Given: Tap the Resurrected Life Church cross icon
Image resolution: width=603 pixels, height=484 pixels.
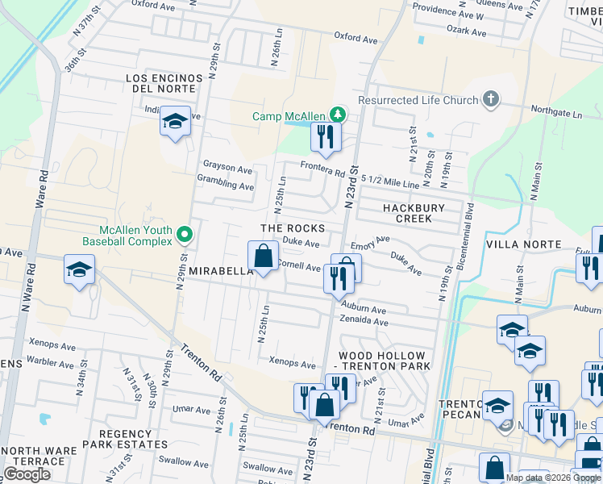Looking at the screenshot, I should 490,100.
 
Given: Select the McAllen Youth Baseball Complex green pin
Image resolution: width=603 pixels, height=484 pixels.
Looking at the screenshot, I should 185,235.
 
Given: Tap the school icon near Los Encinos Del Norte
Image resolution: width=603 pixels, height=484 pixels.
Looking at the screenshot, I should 175,122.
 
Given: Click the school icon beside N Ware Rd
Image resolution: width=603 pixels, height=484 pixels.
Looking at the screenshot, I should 79,269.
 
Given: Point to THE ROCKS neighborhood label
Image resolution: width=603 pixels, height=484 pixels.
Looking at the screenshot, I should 293,229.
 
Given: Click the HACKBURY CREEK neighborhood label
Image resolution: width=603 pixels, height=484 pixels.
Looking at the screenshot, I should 413,213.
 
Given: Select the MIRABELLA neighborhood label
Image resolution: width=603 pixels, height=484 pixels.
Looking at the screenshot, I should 222,272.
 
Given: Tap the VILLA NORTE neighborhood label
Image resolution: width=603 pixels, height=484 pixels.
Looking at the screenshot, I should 523,244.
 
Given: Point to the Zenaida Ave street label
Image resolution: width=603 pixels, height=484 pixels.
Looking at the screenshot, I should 364,321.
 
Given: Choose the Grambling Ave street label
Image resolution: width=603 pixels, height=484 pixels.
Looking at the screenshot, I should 227,186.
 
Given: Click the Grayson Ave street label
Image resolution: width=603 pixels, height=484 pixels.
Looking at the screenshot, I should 227,168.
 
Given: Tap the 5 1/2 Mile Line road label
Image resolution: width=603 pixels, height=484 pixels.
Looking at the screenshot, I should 390,182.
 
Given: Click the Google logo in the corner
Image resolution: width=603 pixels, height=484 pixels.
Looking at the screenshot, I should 27,474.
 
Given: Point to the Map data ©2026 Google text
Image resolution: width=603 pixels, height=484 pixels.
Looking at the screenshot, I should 553,478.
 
